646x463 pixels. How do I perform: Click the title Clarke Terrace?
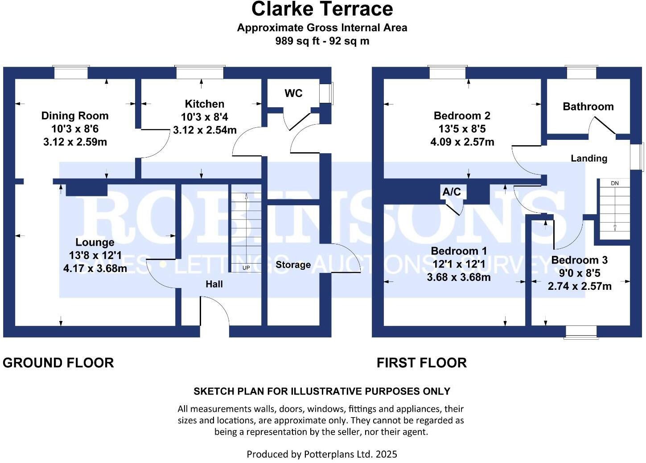(322, 9)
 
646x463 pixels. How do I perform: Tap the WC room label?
(293, 93)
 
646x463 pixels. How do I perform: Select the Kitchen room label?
(205, 104)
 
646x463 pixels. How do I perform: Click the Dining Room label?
(75, 116)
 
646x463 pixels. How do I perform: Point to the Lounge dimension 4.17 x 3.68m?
(95, 268)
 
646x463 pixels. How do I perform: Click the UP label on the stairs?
(246, 268)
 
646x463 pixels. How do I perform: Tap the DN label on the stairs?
(614, 183)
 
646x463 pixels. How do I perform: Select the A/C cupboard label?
(452, 192)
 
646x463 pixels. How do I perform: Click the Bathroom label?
(588, 106)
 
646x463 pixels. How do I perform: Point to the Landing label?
(589, 158)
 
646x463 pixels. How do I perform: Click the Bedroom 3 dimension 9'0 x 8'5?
(579, 273)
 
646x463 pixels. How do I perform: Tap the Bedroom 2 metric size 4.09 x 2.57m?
(462, 142)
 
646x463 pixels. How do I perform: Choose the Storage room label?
(293, 264)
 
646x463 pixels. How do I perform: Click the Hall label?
(214, 284)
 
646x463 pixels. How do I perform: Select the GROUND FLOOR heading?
(58, 363)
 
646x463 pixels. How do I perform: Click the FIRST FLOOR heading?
(421, 363)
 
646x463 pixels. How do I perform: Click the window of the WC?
(329, 93)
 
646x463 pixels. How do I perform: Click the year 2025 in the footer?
(386, 454)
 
